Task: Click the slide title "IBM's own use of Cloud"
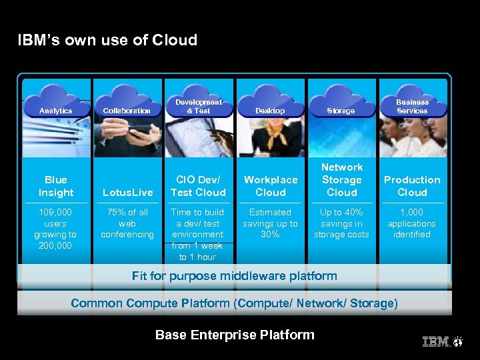pyautogui.click(x=107, y=40)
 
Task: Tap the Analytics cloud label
pyautogui.click(x=56, y=111)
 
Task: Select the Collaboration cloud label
pyautogui.click(x=127, y=111)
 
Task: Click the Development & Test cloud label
pyautogui.click(x=198, y=107)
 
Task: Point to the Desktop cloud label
pyautogui.click(x=270, y=111)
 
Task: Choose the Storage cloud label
pyautogui.click(x=341, y=111)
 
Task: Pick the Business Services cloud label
pyautogui.click(x=412, y=107)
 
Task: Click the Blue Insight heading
pyautogui.click(x=56, y=186)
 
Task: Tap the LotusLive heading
pyautogui.click(x=127, y=193)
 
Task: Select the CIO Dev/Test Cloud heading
pyautogui.click(x=198, y=186)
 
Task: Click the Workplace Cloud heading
pyautogui.click(x=270, y=186)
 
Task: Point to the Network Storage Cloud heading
pyautogui.click(x=341, y=180)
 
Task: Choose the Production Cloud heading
pyautogui.click(x=412, y=186)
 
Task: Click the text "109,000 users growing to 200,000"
pyautogui.click(x=56, y=229)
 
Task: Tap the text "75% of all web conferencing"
pyautogui.click(x=127, y=223)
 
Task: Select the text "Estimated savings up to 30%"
pyautogui.click(x=270, y=223)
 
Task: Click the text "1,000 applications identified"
pyautogui.click(x=412, y=223)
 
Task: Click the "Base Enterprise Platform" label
pyautogui.click(x=235, y=335)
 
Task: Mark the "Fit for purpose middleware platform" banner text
pyautogui.click(x=235, y=275)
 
